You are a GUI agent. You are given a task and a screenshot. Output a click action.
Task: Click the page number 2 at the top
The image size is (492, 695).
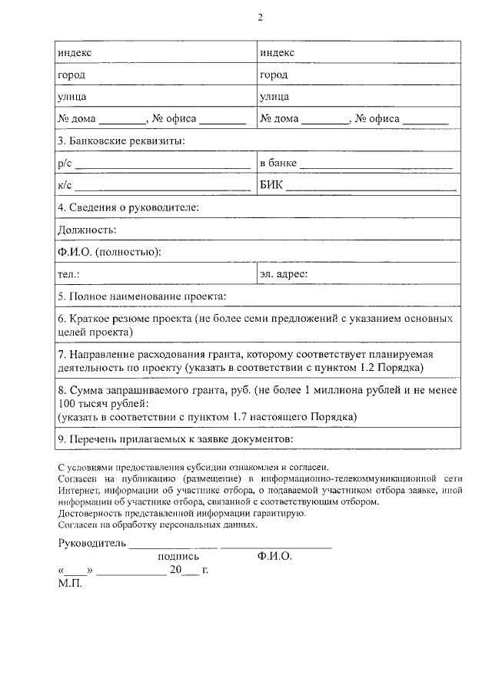click(260, 18)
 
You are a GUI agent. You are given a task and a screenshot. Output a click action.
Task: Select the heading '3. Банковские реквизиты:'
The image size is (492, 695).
click(121, 141)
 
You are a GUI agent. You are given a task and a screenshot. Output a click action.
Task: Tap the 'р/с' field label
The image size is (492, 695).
click(65, 164)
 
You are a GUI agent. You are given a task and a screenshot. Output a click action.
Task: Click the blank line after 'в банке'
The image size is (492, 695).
click(376, 165)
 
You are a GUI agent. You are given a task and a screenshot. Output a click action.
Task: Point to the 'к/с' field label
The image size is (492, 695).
click(65, 185)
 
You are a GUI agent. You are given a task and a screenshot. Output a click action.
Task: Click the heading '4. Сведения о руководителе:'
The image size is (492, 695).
click(128, 207)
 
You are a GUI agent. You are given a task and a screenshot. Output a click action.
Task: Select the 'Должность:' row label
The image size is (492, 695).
click(87, 230)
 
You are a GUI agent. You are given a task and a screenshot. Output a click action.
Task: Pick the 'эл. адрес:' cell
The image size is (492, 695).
click(284, 273)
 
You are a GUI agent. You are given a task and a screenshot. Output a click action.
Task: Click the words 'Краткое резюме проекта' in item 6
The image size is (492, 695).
click(130, 318)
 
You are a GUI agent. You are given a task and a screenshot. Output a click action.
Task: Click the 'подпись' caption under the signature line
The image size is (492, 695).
click(178, 557)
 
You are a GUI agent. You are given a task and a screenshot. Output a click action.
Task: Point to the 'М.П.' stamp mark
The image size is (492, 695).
click(70, 583)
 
